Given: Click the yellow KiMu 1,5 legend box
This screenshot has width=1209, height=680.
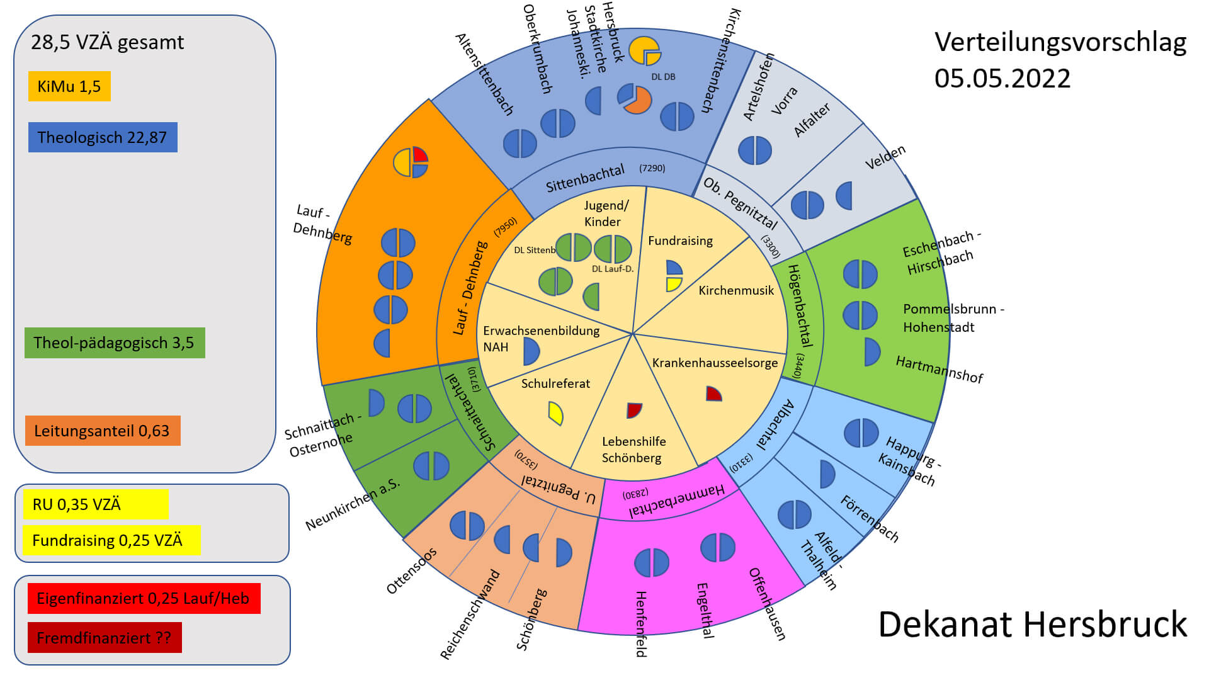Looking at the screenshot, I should tap(69, 86).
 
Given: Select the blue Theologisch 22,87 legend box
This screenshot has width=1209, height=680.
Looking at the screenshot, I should tap(103, 137).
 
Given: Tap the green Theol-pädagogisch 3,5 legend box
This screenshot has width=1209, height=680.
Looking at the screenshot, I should tap(115, 343).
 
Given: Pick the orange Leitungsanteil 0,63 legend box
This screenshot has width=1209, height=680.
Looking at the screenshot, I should tap(103, 431).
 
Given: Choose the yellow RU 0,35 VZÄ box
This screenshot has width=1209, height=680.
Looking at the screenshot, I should tap(96, 504).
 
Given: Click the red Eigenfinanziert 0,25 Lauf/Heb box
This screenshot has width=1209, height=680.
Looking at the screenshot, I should tap(144, 598).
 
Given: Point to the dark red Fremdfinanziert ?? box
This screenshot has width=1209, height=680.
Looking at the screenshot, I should tap(105, 637).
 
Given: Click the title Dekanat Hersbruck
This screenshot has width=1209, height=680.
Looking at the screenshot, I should tap(1032, 625).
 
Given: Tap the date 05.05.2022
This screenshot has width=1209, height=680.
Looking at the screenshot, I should tap(1002, 79).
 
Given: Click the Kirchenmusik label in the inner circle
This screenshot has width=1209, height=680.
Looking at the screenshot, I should tap(736, 290).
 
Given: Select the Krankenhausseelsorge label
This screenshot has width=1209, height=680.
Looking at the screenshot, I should tap(715, 363).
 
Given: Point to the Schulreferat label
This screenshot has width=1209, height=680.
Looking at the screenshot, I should tap(555, 383).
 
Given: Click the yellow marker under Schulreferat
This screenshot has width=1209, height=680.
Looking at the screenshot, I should tap(555, 413).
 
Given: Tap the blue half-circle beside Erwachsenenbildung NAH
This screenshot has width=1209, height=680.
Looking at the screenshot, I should tap(531, 351).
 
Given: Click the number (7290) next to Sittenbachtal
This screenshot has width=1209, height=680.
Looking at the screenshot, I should tap(652, 168).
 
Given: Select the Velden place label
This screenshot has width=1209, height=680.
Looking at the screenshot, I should tap(885, 157).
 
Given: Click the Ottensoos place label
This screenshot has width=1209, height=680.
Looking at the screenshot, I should tap(411, 570).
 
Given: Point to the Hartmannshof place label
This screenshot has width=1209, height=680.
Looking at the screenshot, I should tap(939, 369).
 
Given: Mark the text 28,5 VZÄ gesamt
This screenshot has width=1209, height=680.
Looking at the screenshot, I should tap(107, 42).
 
